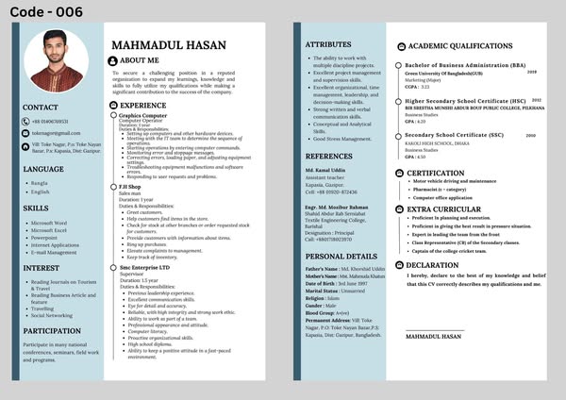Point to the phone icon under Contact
pos(26,121)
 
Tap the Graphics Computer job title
pos(142,115)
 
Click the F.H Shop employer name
pos(130,187)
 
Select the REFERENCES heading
pos(329,156)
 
